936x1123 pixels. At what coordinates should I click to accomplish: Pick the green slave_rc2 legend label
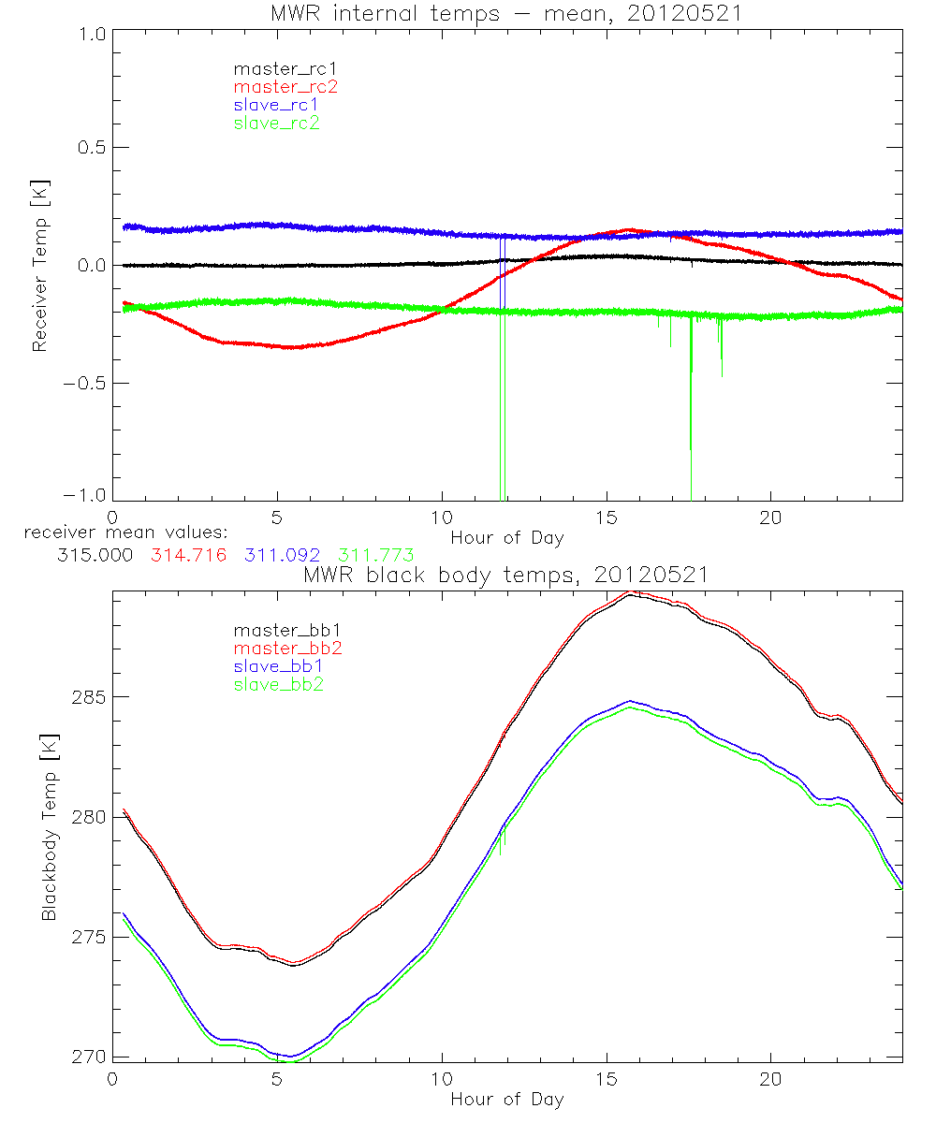click(x=277, y=123)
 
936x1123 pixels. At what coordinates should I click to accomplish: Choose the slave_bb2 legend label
click(x=277, y=685)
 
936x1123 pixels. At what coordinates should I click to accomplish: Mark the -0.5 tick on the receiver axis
click(x=85, y=384)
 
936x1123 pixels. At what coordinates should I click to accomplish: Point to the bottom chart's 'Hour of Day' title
click(x=506, y=1099)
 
